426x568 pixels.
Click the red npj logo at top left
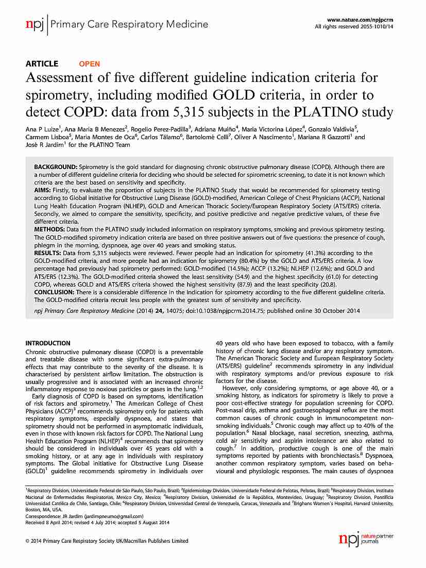click(x=35, y=24)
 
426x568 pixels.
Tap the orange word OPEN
click(x=89, y=64)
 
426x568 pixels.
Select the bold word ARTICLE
click(x=42, y=64)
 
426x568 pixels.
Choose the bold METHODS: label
click(x=49, y=228)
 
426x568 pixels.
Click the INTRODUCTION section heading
click(x=48, y=343)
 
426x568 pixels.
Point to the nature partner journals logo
click(x=366, y=539)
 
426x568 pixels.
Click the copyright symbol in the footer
click(x=28, y=541)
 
